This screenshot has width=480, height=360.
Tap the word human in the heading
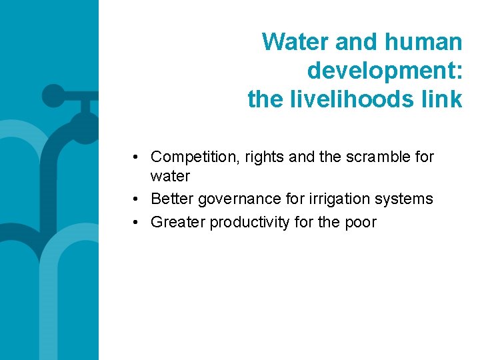coord(423,42)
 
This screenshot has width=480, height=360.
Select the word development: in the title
coord(385,70)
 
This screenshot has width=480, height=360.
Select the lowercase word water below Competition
coord(171,177)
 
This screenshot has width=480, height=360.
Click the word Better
coord(173,199)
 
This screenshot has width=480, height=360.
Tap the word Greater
coord(178,222)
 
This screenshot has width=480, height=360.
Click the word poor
coord(359,222)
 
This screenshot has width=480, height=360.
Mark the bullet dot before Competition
coord(135,157)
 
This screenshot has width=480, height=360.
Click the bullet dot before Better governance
coord(135,199)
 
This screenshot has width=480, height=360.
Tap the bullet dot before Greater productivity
coord(135,222)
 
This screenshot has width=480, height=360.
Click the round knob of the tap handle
coord(53,96)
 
